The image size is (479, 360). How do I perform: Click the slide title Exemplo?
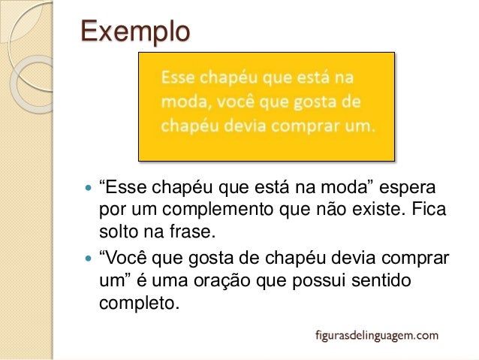[x=135, y=32]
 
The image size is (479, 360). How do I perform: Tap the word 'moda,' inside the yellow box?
[x=185, y=101]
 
